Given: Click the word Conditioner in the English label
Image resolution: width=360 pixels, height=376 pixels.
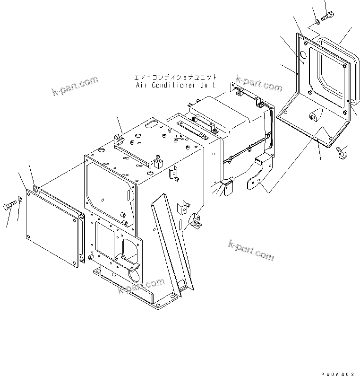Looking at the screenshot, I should [x=175, y=86].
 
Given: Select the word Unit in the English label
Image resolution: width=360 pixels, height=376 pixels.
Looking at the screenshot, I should [x=207, y=86].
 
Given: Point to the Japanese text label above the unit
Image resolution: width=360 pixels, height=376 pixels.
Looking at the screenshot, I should [x=175, y=77].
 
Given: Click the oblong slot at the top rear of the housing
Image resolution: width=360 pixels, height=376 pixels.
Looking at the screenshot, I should [x=151, y=124].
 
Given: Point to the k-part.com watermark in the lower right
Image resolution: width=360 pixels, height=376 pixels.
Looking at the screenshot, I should [x=250, y=250].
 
